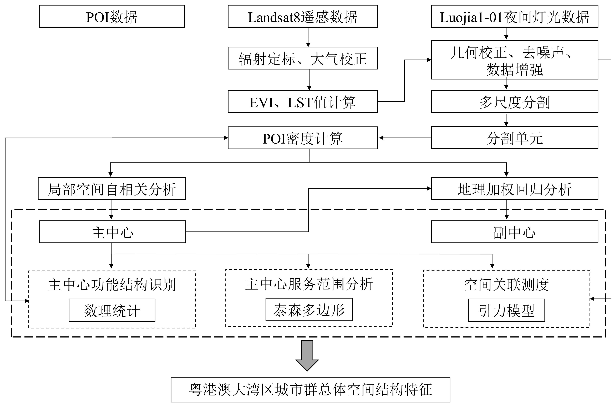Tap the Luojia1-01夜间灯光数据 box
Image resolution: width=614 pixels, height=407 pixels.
[x=514, y=16]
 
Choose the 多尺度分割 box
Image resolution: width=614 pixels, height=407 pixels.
[x=514, y=101]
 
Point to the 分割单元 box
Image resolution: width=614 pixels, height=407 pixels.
[x=514, y=138]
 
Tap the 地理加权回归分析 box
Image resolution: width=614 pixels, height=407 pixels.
[x=514, y=188]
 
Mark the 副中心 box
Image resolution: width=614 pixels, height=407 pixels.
[x=514, y=232]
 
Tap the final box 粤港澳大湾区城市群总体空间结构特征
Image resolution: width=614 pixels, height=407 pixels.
[x=310, y=390]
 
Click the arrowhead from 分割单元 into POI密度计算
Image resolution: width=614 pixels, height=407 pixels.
[x=381, y=138]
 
